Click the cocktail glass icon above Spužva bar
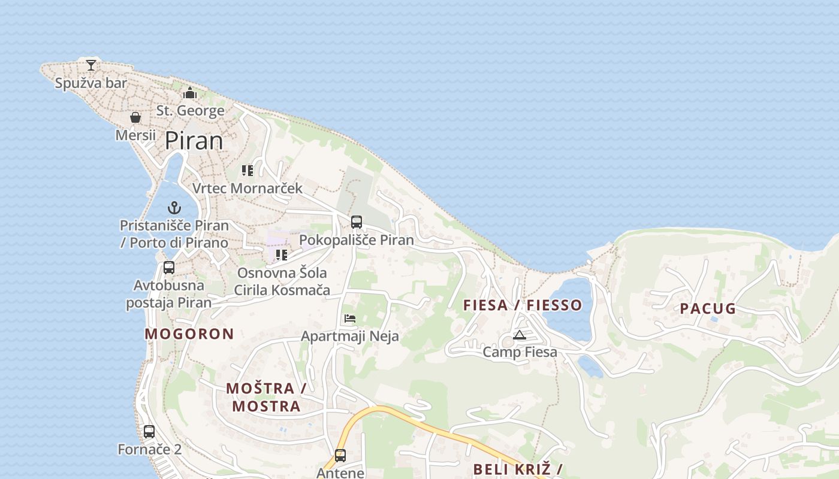90,65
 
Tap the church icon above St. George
190,93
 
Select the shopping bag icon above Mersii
135,117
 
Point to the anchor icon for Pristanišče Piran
174,208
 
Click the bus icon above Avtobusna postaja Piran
169,268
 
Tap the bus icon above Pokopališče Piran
357,222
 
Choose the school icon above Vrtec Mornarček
248,171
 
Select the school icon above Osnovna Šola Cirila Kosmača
282,255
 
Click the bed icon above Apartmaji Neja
350,319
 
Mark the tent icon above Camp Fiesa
520,335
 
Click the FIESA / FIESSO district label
523,305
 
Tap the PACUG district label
708,309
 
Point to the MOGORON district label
189,334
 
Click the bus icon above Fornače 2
149,431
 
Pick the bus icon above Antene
340,455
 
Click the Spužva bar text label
91,83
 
